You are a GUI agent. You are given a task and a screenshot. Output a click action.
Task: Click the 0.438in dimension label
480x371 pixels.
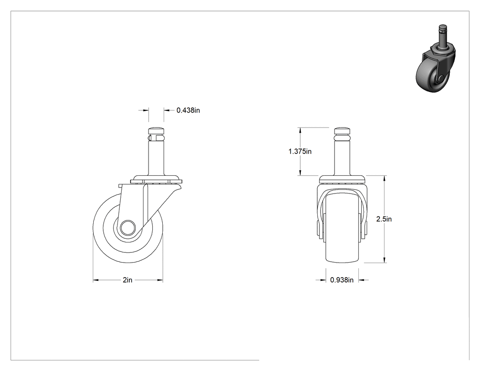pyautogui.click(x=188, y=110)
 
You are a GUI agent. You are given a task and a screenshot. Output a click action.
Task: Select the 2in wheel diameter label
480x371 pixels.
pyautogui.click(x=128, y=280)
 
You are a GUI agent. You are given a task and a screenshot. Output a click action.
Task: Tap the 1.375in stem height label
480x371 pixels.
pyautogui.click(x=300, y=151)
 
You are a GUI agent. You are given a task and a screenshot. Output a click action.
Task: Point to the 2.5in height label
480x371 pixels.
pyautogui.click(x=384, y=219)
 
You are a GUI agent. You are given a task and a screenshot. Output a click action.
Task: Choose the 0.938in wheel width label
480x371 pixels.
pyautogui.click(x=341, y=280)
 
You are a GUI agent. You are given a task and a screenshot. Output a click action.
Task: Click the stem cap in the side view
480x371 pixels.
pyautogui.click(x=156, y=132)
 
